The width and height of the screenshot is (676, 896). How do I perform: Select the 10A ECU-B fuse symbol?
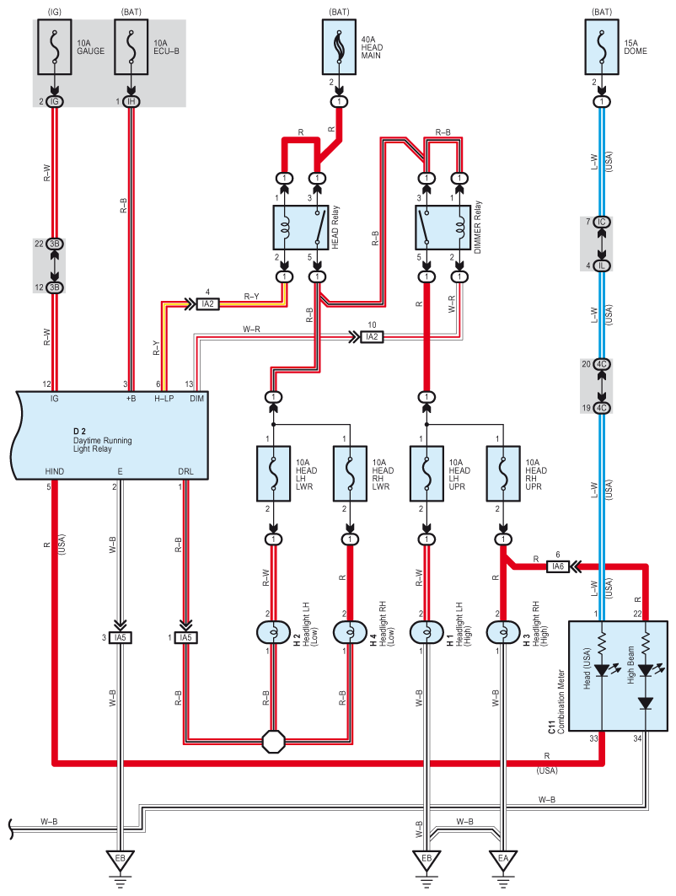(x=131, y=51)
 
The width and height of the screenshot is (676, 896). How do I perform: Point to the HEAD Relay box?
(x=301, y=224)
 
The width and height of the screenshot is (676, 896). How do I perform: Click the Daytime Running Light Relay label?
(x=102, y=441)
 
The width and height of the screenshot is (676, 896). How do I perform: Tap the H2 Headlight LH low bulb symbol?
(x=274, y=631)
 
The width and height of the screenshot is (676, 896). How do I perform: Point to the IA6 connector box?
(x=556, y=566)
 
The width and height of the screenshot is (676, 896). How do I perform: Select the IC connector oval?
(x=601, y=222)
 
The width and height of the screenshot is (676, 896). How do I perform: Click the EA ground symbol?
(x=502, y=861)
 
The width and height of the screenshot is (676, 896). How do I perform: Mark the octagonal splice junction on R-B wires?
(x=275, y=742)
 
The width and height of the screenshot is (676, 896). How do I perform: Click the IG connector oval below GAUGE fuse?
(x=56, y=101)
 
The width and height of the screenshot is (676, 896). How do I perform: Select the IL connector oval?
(x=601, y=266)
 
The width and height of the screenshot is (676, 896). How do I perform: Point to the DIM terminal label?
(x=196, y=397)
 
